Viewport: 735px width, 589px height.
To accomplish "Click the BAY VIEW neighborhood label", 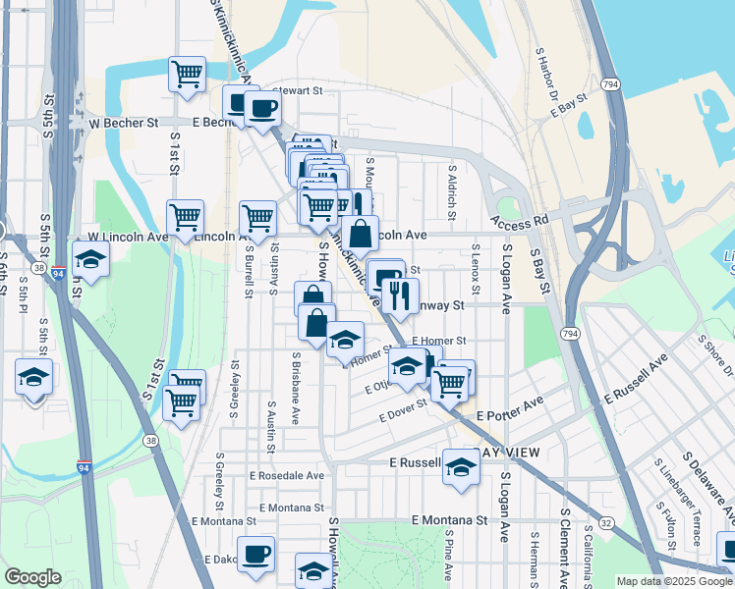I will [x=506, y=454].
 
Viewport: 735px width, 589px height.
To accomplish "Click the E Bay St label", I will [x=569, y=106].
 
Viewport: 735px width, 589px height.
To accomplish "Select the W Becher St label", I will [x=124, y=124].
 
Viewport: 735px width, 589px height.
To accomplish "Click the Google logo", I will [x=32, y=577].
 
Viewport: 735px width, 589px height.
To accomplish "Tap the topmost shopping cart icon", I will [x=186, y=74].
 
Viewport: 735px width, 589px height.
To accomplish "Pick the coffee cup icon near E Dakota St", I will [x=255, y=553].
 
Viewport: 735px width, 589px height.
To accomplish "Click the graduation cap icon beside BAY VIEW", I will [x=460, y=467].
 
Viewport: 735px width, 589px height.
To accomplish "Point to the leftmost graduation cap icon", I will [x=33, y=376].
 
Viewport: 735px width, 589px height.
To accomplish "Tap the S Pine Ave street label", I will [x=447, y=559].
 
